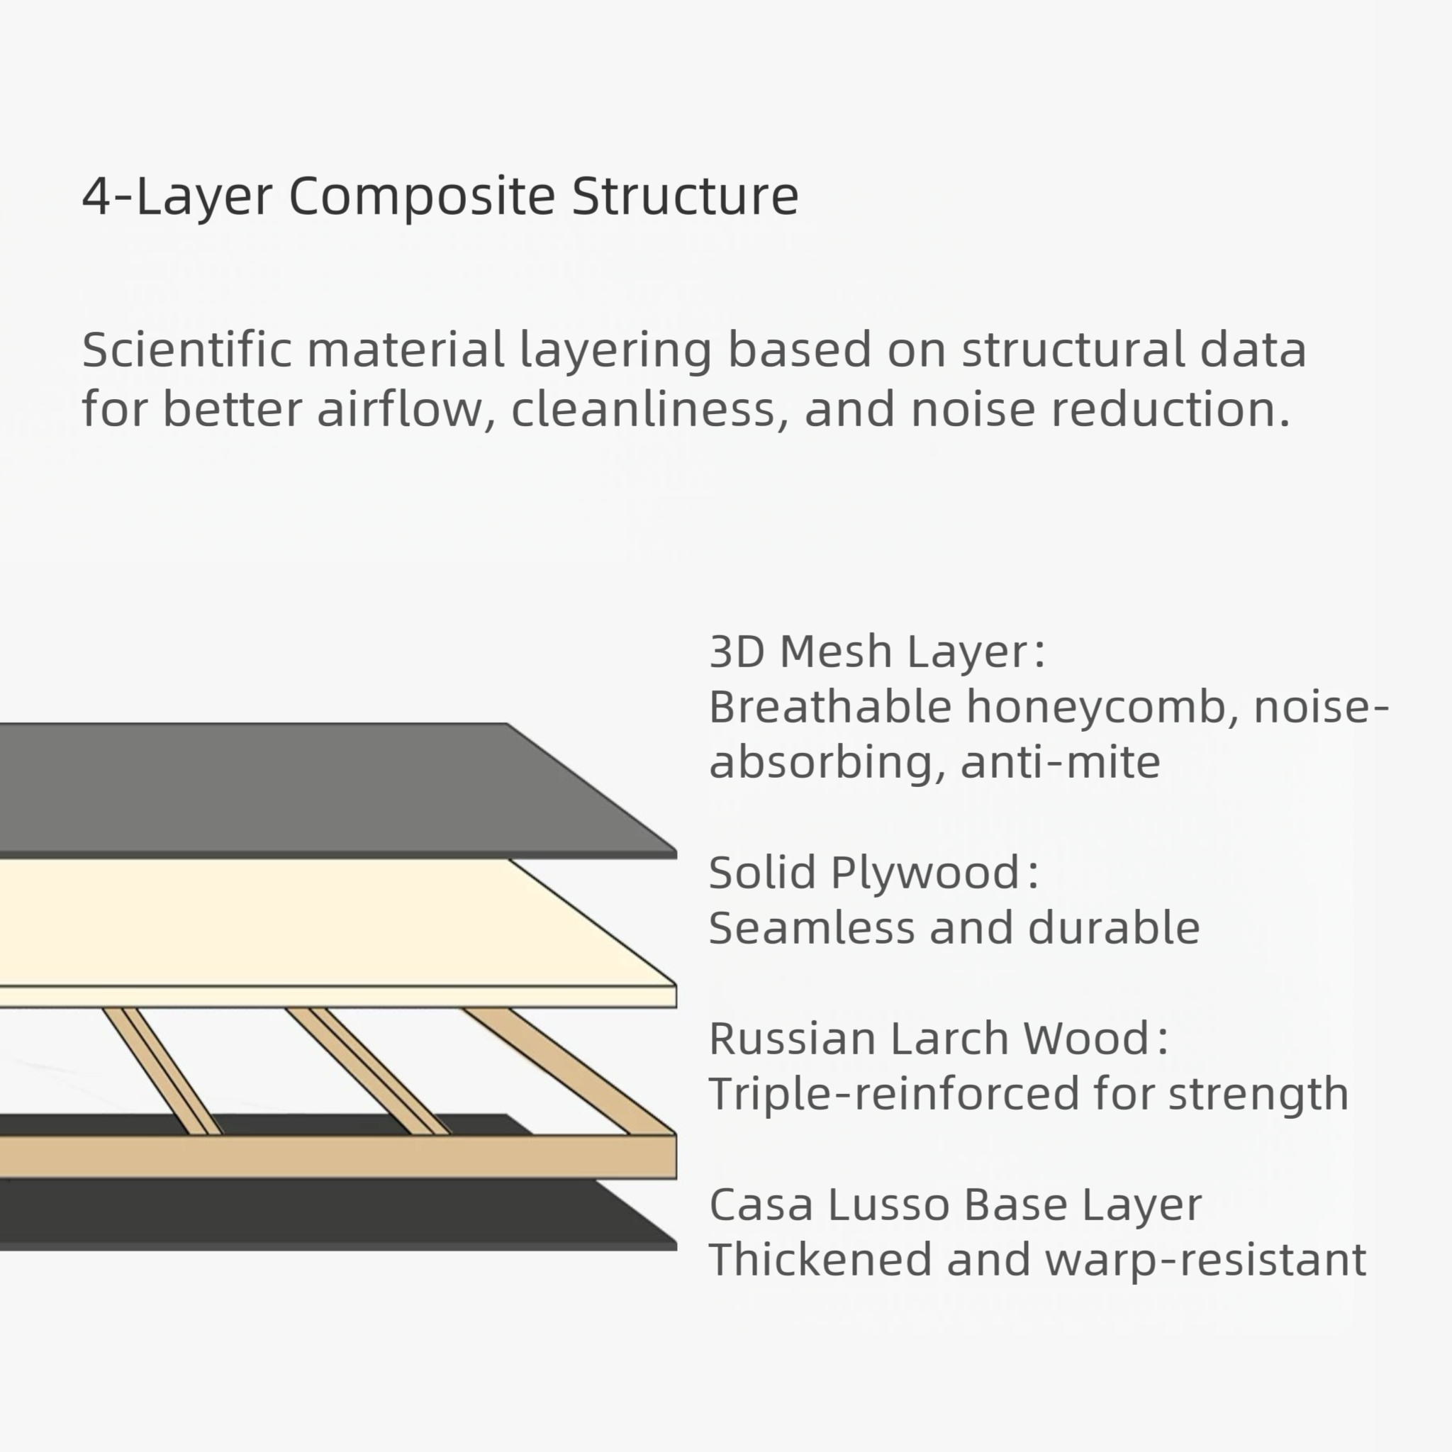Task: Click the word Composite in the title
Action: point(421,197)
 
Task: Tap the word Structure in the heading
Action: point(685,197)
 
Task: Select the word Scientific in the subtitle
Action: point(186,350)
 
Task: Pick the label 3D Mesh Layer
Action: point(876,651)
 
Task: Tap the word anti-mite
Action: point(1061,762)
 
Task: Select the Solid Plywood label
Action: point(873,873)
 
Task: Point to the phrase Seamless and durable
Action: point(954,927)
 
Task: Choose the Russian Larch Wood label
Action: point(938,1038)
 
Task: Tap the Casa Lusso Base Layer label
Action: point(955,1204)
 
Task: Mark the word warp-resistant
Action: point(1205,1260)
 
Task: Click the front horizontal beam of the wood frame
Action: point(338,1156)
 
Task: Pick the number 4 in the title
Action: point(96,197)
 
